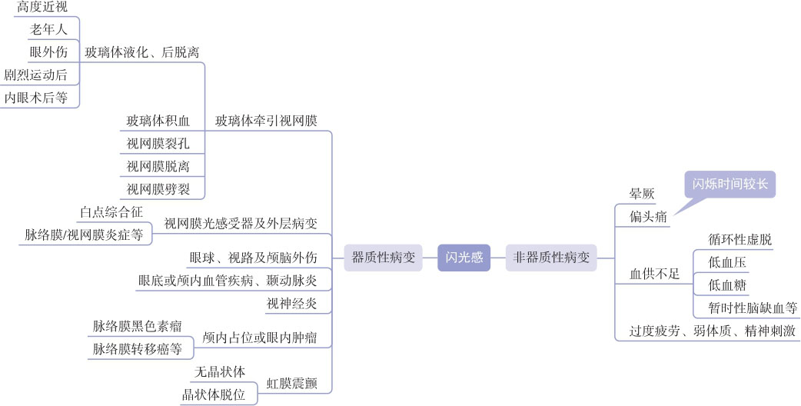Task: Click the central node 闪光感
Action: [x=464, y=258]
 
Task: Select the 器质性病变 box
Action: [x=383, y=258]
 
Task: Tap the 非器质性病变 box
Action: [x=551, y=258]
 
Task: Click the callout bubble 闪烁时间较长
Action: [x=730, y=185]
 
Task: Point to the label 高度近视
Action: [x=42, y=7]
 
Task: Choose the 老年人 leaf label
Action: [x=48, y=29]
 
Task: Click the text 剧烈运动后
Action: [x=35, y=75]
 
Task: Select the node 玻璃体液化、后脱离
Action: [x=142, y=52]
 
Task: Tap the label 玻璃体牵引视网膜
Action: [x=266, y=121]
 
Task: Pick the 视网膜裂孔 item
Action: [x=158, y=143]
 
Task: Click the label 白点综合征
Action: [x=111, y=211]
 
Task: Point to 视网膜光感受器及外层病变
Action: [x=241, y=224]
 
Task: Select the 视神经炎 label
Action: [x=292, y=303]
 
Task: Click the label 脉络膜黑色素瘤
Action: [x=138, y=326]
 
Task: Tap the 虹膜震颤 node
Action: [x=292, y=383]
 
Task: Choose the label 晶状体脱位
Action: [x=213, y=394]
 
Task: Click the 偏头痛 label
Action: [x=649, y=217]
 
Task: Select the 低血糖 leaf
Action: [x=726, y=285]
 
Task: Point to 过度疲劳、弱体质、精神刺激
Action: [x=712, y=331]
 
